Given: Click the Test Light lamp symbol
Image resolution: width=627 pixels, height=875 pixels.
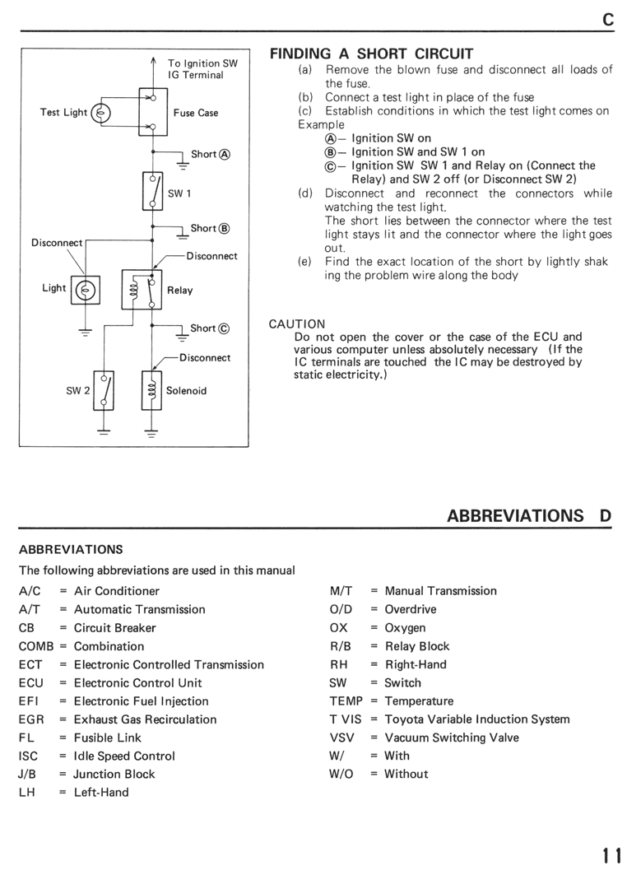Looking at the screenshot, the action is pyautogui.click(x=101, y=114).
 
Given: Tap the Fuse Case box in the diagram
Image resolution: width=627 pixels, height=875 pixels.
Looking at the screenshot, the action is pyautogui.click(x=153, y=112).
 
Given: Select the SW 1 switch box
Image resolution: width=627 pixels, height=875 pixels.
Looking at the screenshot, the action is pyautogui.click(x=152, y=191).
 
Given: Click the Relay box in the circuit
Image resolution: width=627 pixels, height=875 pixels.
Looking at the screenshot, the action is pyautogui.click(x=142, y=290).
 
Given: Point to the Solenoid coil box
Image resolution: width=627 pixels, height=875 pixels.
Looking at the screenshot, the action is pyautogui.click(x=151, y=390).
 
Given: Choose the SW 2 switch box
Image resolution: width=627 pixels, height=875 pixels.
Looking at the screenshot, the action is pyautogui.click(x=104, y=390).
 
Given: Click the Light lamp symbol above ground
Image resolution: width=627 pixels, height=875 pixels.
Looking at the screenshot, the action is pyautogui.click(x=86, y=290).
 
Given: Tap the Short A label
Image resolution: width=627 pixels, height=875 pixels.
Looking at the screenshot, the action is pyautogui.click(x=211, y=155).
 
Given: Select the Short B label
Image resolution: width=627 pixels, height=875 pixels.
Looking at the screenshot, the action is pyautogui.click(x=211, y=228).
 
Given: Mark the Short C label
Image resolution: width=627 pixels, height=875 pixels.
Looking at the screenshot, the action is pyautogui.click(x=210, y=328).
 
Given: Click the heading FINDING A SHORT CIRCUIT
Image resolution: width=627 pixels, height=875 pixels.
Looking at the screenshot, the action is pyautogui.click(x=372, y=54).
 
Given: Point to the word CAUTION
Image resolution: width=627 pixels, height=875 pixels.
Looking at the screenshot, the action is pyautogui.click(x=297, y=324).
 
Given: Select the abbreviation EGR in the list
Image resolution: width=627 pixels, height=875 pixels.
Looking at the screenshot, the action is pyautogui.click(x=31, y=720).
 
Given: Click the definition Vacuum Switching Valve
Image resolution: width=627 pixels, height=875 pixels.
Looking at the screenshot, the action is pyautogui.click(x=452, y=738).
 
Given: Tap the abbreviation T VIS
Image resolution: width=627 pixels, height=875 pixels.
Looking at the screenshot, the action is pyautogui.click(x=346, y=720).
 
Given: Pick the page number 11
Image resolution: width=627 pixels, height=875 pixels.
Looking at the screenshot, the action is pyautogui.click(x=611, y=855).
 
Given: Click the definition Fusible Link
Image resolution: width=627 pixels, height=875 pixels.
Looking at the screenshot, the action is pyautogui.click(x=108, y=738).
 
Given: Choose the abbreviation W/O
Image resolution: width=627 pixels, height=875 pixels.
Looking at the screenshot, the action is pyautogui.click(x=341, y=774).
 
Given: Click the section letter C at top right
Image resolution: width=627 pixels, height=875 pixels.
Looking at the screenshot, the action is pyautogui.click(x=608, y=20).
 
